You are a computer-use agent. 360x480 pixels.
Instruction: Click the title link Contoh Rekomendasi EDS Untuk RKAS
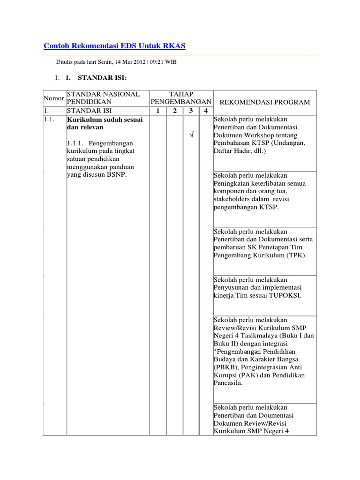(114, 45)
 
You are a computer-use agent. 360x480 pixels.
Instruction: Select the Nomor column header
(54, 98)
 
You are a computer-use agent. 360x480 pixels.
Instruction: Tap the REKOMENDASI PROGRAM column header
(265, 102)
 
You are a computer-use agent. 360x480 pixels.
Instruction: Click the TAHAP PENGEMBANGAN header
(181, 98)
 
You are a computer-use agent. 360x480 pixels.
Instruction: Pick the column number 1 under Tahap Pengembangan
(157, 111)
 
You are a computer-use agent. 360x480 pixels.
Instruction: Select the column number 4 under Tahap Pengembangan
(205, 111)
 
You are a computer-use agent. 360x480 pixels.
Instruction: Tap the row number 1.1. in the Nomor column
(49, 120)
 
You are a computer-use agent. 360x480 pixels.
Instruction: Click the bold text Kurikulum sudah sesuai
(105, 120)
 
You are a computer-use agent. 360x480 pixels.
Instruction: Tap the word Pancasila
(228, 383)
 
